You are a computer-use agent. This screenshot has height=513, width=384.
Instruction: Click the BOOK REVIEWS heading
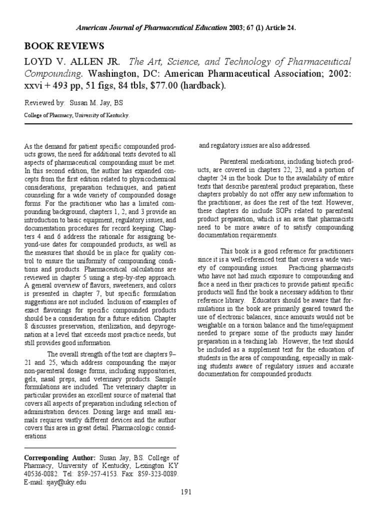(64, 46)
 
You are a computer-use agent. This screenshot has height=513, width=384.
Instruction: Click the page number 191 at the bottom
(187, 492)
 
